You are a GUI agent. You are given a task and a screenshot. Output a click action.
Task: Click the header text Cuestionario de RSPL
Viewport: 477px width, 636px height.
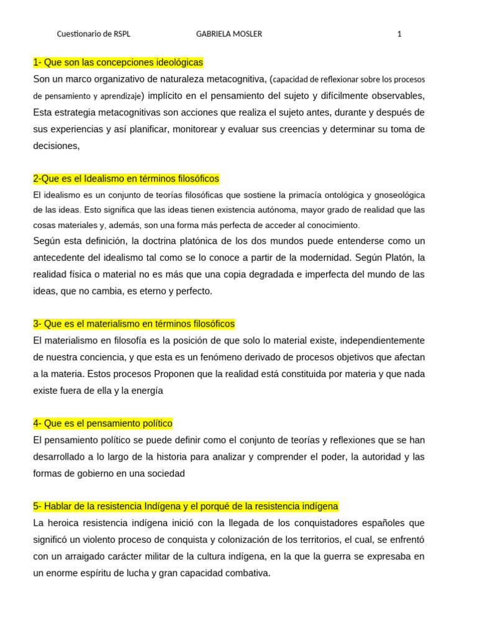(x=94, y=34)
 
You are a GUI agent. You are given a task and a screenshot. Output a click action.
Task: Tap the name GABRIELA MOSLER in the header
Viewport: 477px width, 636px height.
(x=229, y=34)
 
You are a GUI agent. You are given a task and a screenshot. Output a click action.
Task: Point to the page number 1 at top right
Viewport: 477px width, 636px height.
(x=399, y=34)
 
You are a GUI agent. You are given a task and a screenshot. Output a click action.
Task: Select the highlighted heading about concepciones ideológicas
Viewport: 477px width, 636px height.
(x=118, y=63)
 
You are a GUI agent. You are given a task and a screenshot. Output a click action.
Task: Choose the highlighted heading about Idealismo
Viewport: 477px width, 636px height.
(x=126, y=179)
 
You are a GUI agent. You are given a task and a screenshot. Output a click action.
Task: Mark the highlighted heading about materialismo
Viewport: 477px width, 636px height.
(x=134, y=324)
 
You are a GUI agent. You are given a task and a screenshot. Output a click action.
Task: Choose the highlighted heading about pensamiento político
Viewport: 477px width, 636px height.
(x=103, y=424)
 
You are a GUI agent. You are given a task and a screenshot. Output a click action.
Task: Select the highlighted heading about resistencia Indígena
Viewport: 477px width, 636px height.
(x=186, y=507)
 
